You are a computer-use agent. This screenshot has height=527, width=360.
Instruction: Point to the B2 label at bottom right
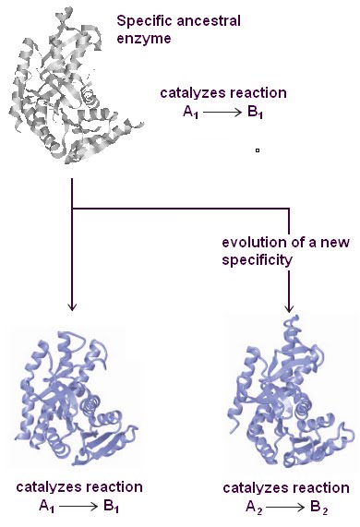coord(323,508)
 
